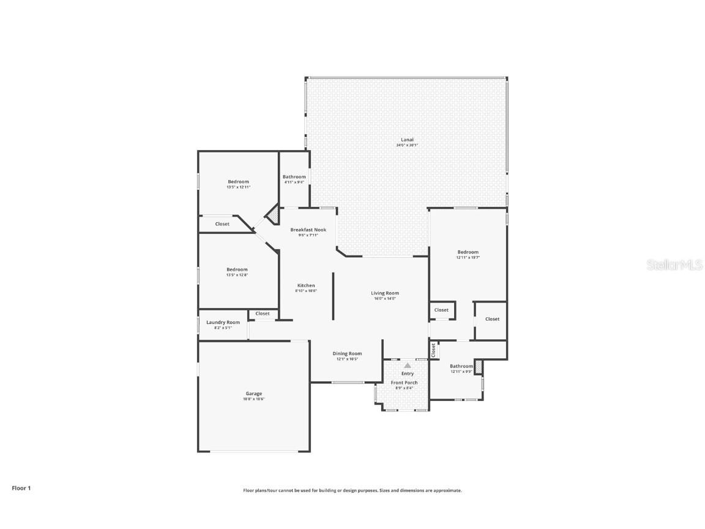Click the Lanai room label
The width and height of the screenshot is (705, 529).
(406, 140)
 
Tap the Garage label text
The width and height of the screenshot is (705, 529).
(254, 394)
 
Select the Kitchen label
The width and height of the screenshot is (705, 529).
(306, 285)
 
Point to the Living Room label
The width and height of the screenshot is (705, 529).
(384, 293)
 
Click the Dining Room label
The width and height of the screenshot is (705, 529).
(347, 353)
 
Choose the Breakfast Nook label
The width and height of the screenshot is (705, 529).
(308, 230)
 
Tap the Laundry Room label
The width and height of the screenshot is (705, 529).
(223, 322)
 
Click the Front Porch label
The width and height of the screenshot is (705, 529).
(404, 383)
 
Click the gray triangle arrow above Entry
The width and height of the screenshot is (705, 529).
(408, 366)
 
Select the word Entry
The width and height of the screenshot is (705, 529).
(408, 373)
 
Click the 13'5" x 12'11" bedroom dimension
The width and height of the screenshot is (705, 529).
(238, 187)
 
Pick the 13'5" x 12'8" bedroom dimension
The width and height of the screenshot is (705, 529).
(237, 275)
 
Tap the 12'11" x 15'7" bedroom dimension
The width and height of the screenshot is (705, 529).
(468, 258)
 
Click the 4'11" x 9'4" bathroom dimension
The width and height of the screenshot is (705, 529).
(294, 182)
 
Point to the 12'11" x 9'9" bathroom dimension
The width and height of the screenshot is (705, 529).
(461, 372)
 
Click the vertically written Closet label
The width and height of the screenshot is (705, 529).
(433, 350)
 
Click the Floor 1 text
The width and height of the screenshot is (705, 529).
(21, 488)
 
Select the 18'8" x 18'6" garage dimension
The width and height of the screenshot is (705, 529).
(254, 399)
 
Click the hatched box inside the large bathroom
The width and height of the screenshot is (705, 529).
(479, 367)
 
